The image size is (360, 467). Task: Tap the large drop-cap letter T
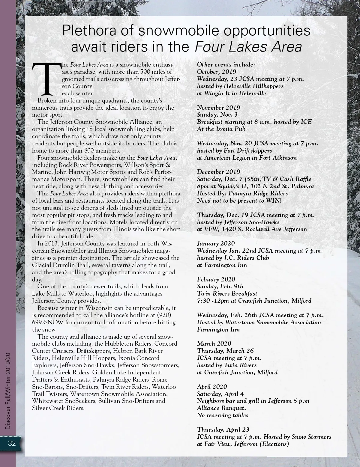click(46, 78)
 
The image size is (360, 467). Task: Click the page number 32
click(12, 443)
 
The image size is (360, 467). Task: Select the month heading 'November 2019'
click(218, 107)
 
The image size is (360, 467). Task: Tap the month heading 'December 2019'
click(218, 172)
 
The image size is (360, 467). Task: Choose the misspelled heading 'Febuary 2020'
click(216, 279)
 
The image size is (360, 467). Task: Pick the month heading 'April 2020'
click(212, 387)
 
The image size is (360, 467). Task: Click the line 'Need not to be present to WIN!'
click(239, 201)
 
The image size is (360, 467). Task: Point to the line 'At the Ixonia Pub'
click(221, 129)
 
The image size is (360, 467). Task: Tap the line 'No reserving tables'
click(223, 415)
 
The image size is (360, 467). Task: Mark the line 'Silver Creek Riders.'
click(58, 408)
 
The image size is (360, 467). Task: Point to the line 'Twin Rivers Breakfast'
click(227, 293)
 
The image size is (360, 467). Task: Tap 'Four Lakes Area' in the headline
click(248, 47)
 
